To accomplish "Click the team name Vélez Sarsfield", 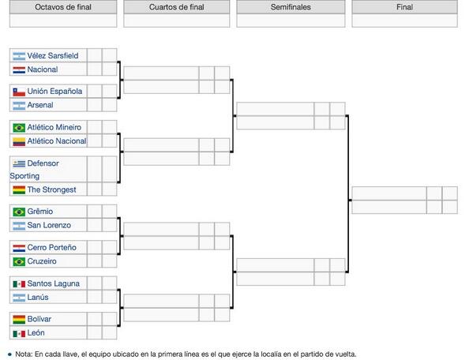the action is point(53,56).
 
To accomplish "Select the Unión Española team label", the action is point(54,92).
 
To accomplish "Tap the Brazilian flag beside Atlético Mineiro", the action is point(19,128).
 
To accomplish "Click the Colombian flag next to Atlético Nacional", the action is point(19,141).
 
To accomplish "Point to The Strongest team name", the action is point(51,189).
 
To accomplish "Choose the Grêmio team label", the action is point(40,212).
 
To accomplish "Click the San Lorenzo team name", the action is point(49,225).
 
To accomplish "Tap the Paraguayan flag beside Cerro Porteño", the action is point(19,248).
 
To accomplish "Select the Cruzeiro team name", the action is point(42,261).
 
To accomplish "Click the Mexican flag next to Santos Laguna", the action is point(19,284).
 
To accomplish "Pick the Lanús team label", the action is point(38,298).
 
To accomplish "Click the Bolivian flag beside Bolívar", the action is point(19,319).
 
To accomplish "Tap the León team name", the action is point(36,333).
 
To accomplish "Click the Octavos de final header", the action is point(63,7).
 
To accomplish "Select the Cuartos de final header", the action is point(176,7).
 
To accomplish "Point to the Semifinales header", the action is point(291,7).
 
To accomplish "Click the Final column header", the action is point(404,7).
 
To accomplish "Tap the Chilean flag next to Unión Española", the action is point(19,92).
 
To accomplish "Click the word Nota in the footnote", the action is point(23,354).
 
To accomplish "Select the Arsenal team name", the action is point(40,105).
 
